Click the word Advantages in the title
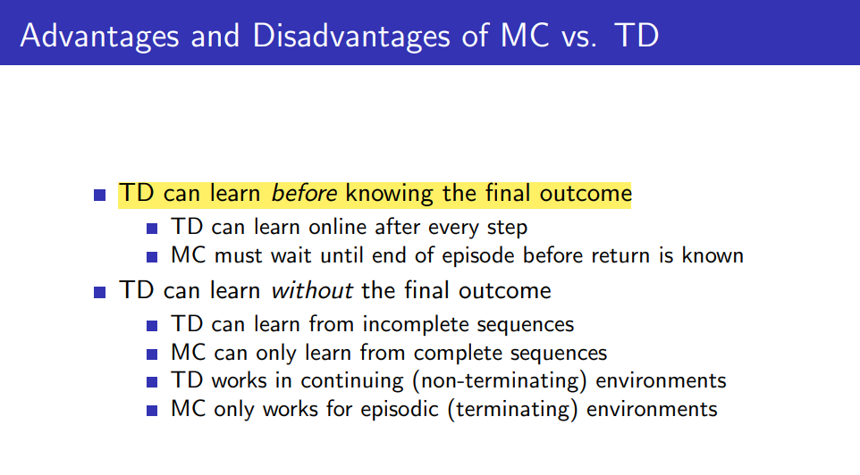pyautogui.click(x=99, y=36)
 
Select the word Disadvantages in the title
pyautogui.click(x=351, y=36)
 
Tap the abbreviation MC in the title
pyautogui.click(x=525, y=36)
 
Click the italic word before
pyautogui.click(x=304, y=194)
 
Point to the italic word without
pyautogui.click(x=311, y=290)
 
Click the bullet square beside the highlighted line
pyautogui.click(x=100, y=195)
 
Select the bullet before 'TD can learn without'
pyautogui.click(x=100, y=292)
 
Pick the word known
pyautogui.click(x=712, y=255)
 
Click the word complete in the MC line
pyautogui.click(x=458, y=353)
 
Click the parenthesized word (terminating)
pyautogui.click(x=513, y=409)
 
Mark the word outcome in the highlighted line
pyautogui.click(x=586, y=194)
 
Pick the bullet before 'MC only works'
pyautogui.click(x=152, y=411)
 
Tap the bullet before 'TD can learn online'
pyautogui.click(x=152, y=228)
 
